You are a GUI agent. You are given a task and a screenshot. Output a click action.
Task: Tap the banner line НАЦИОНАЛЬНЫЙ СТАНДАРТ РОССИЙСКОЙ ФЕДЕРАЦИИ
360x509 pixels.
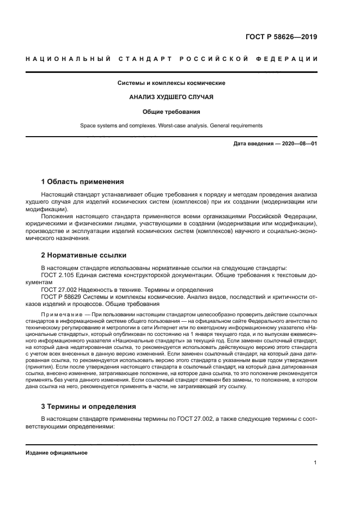[x=172, y=59]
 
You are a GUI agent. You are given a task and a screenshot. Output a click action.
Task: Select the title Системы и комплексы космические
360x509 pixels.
[x=172, y=83]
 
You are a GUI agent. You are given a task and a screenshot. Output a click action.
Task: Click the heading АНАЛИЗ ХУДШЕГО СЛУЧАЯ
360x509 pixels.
[x=172, y=97]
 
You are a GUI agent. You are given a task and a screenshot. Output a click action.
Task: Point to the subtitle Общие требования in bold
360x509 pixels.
[x=172, y=112]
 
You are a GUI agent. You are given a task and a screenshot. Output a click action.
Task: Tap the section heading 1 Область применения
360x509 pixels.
[x=83, y=181]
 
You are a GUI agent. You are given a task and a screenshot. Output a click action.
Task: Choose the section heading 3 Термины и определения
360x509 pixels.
[x=89, y=407]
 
